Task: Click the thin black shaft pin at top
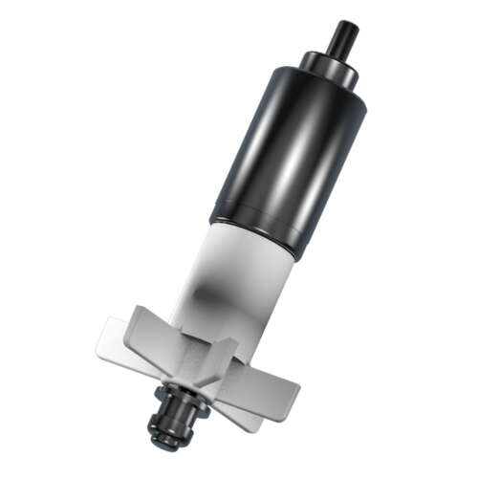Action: [341, 38]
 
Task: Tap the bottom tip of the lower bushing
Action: [164, 442]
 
